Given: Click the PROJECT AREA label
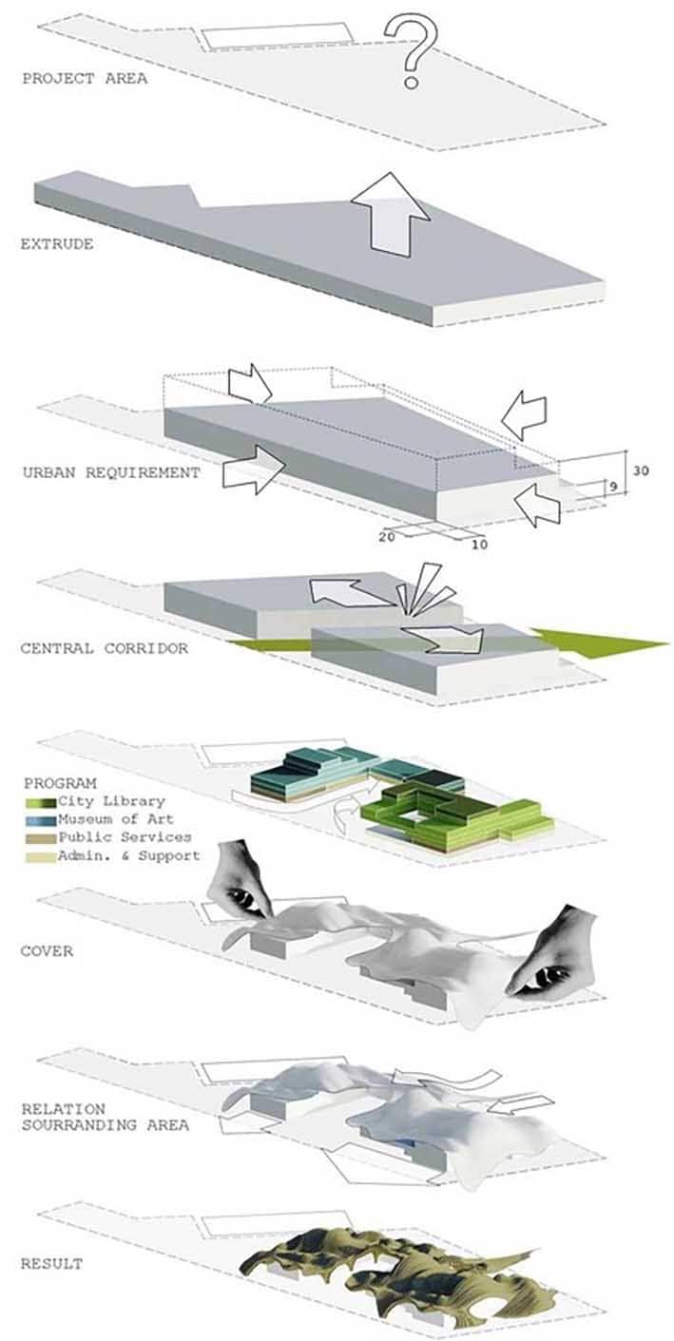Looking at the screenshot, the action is [x=85, y=79].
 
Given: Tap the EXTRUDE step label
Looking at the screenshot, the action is [x=57, y=244].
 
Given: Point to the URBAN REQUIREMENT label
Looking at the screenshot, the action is [x=111, y=472].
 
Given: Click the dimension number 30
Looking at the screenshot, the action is [x=641, y=470].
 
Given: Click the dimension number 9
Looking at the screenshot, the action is [x=613, y=487].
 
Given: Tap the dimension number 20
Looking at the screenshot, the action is [x=387, y=536].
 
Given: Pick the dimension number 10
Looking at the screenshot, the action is [x=479, y=545].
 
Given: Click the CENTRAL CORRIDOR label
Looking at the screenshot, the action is [x=105, y=648].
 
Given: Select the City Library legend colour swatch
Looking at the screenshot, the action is [x=41, y=802].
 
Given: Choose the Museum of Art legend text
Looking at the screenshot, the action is [x=116, y=819].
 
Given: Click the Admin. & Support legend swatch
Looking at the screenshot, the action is [x=41, y=856].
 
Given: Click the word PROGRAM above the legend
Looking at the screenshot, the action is [x=60, y=783].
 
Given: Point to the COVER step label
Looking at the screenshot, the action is [x=47, y=951].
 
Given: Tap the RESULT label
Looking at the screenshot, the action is [x=52, y=1264].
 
